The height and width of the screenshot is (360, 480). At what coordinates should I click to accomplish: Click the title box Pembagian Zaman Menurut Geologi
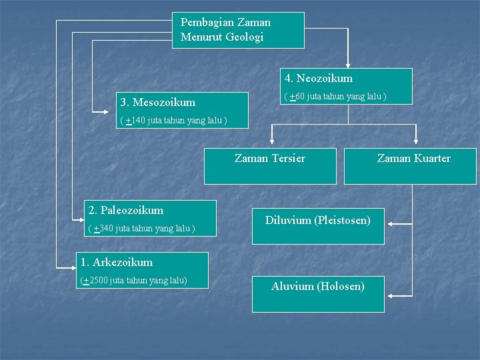(238, 30)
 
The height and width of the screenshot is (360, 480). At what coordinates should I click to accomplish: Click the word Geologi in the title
(245, 37)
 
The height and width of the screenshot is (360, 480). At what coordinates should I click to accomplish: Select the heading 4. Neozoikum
(318, 79)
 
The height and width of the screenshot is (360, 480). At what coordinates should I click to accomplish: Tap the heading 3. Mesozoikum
(158, 103)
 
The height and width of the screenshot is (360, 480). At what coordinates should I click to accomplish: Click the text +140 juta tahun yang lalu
(173, 121)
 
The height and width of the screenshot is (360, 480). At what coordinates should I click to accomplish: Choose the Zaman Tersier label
(270, 159)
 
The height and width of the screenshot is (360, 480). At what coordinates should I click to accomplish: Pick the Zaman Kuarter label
(414, 159)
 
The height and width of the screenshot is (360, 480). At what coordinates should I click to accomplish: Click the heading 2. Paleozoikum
(126, 211)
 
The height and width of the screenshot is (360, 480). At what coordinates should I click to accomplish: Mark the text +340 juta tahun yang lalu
(141, 229)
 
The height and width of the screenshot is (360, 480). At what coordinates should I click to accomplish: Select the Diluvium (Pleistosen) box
(318, 221)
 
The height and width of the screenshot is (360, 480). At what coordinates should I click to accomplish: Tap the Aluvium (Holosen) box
(318, 287)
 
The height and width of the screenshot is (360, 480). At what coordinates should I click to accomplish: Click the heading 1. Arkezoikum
(117, 263)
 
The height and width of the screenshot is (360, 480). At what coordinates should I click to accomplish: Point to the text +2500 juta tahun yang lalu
(133, 281)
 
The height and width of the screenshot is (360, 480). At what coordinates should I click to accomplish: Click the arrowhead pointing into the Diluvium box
(389, 223)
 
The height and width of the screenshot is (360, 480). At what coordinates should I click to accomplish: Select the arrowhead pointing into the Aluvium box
(389, 295)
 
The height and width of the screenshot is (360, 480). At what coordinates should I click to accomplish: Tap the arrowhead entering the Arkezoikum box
(75, 267)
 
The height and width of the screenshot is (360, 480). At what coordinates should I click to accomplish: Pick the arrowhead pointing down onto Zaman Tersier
(272, 142)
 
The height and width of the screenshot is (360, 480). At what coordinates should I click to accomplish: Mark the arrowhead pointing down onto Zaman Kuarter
(416, 142)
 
